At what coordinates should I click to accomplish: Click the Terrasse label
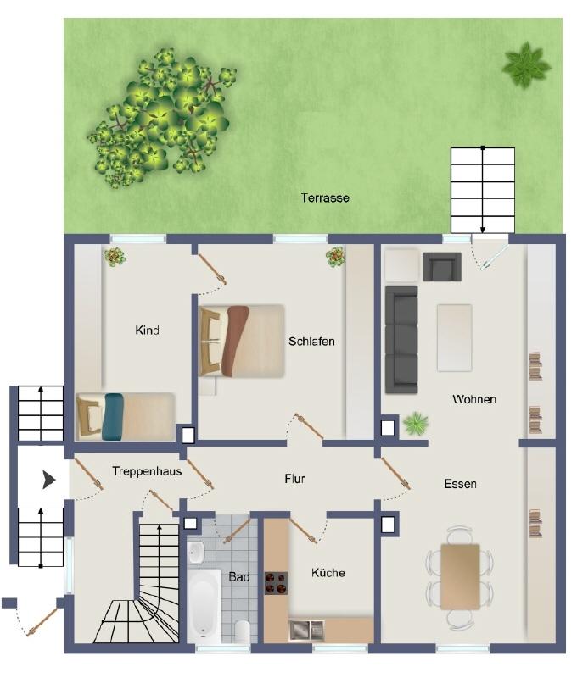coord(325,198)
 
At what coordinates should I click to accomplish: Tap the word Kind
coord(147,331)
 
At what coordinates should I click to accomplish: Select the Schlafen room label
coord(311,342)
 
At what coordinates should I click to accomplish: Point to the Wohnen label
coord(474,399)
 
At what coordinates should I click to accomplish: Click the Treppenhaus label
coord(147,471)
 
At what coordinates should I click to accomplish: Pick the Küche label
coord(328,573)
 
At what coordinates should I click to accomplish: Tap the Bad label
coord(239,577)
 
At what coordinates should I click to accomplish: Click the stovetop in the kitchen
coord(276,583)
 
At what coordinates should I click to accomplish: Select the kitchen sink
coord(306,630)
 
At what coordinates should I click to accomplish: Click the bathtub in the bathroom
coord(204,603)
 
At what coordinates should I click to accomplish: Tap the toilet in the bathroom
coord(242,631)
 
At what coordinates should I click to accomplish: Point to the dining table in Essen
coord(460,577)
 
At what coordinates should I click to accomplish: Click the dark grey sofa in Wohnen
coord(401,340)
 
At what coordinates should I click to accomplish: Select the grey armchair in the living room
coord(442,267)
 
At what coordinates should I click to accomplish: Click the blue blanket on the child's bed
coord(114,416)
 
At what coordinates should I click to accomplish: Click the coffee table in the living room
coord(454,337)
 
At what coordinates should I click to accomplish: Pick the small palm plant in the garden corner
coord(526,65)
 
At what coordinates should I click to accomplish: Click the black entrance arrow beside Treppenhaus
coord(49,480)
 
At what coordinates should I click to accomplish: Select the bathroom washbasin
coord(196,552)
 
